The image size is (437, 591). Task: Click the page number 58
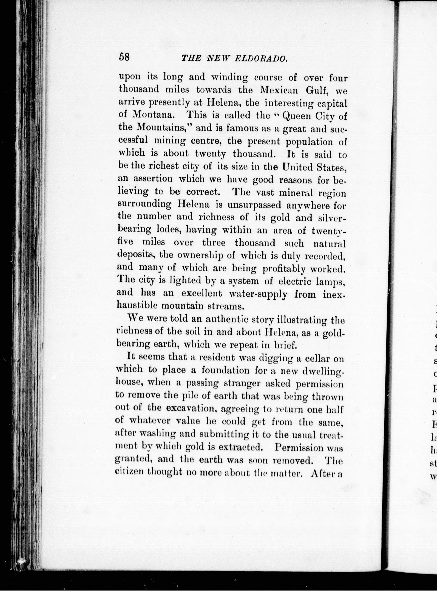click(124, 57)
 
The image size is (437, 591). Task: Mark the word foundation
click(225, 370)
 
